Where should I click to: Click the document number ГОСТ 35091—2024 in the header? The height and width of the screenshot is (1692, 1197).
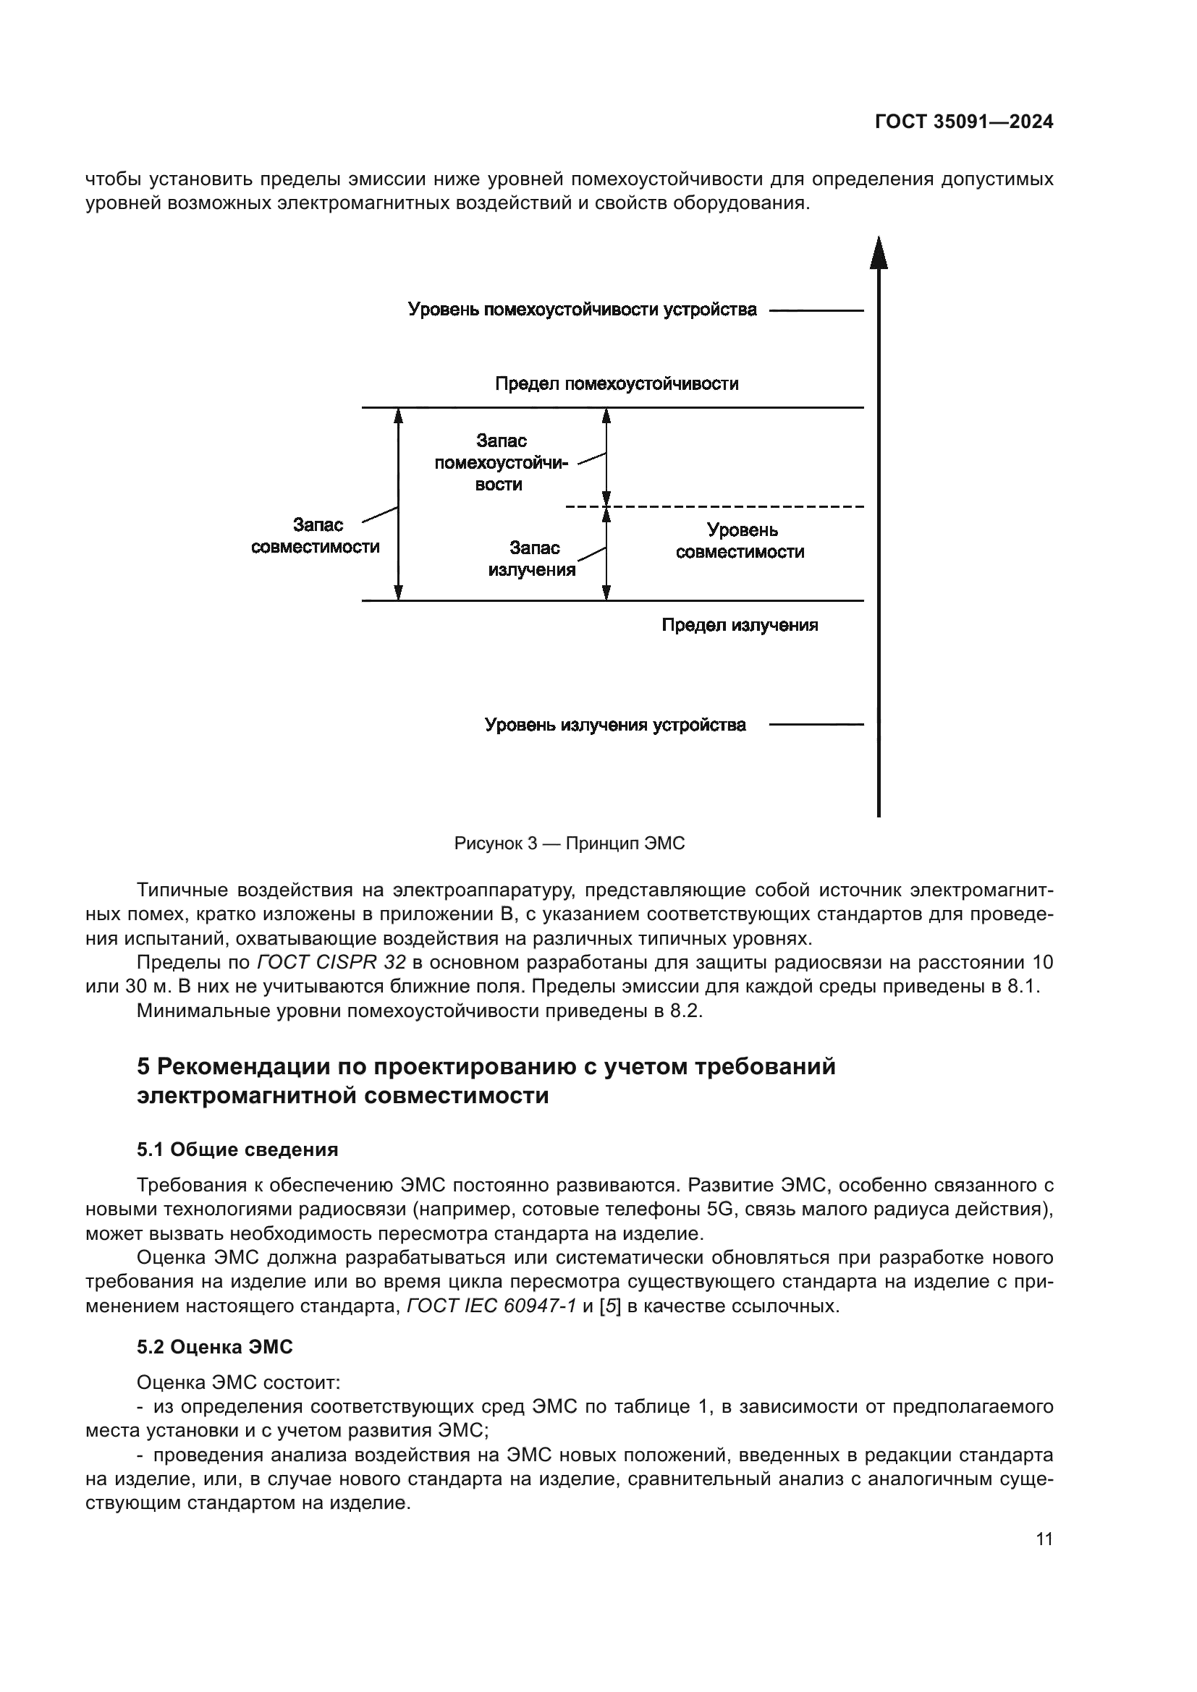(x=963, y=122)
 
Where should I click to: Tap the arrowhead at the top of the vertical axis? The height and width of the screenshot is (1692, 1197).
(x=878, y=254)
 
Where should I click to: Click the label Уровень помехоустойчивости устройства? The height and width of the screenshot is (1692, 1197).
(x=583, y=310)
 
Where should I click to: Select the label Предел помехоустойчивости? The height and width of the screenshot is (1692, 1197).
(x=616, y=384)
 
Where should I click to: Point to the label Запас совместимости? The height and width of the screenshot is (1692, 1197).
(x=316, y=536)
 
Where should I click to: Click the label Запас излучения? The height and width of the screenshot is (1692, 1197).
(x=531, y=558)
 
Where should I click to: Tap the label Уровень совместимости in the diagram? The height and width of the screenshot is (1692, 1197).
(x=740, y=541)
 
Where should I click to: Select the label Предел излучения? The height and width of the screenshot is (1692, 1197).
(x=740, y=626)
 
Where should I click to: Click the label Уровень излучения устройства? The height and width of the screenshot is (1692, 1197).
(x=614, y=725)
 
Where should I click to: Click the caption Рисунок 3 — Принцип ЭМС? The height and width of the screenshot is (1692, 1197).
(x=569, y=843)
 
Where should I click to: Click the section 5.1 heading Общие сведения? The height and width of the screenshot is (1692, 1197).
(x=237, y=1149)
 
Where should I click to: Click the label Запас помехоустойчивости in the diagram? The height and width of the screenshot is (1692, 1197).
(x=502, y=463)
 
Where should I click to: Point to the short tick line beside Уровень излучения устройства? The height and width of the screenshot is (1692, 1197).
(x=816, y=725)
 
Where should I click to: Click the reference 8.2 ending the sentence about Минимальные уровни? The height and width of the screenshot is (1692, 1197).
(x=685, y=1011)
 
